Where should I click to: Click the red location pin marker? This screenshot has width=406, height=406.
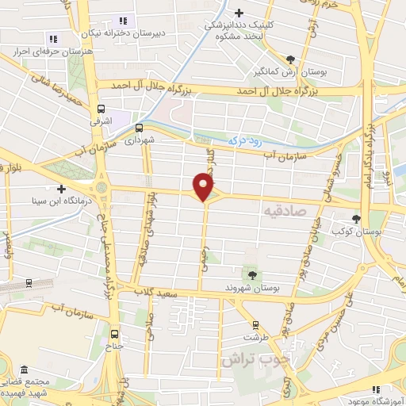(205, 186)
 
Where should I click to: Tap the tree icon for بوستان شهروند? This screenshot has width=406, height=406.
(252, 274)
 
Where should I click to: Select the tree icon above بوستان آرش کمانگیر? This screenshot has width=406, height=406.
(291, 59)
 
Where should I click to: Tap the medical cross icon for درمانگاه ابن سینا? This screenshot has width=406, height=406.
(61, 188)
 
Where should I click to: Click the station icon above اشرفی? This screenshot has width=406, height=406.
(101, 110)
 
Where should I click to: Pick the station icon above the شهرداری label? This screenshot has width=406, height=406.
(139, 126)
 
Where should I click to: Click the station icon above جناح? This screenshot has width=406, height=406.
(117, 334)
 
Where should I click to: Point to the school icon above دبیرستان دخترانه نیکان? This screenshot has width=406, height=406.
(122, 20)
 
